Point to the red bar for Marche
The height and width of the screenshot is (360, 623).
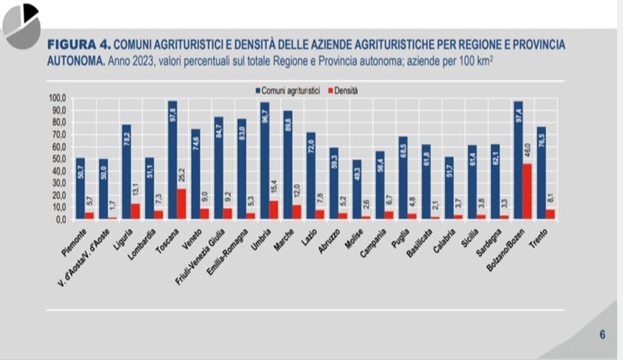296,212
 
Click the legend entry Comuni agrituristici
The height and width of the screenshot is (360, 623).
288,90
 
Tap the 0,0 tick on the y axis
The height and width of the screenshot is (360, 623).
59,220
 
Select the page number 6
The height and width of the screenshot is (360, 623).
602,334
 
